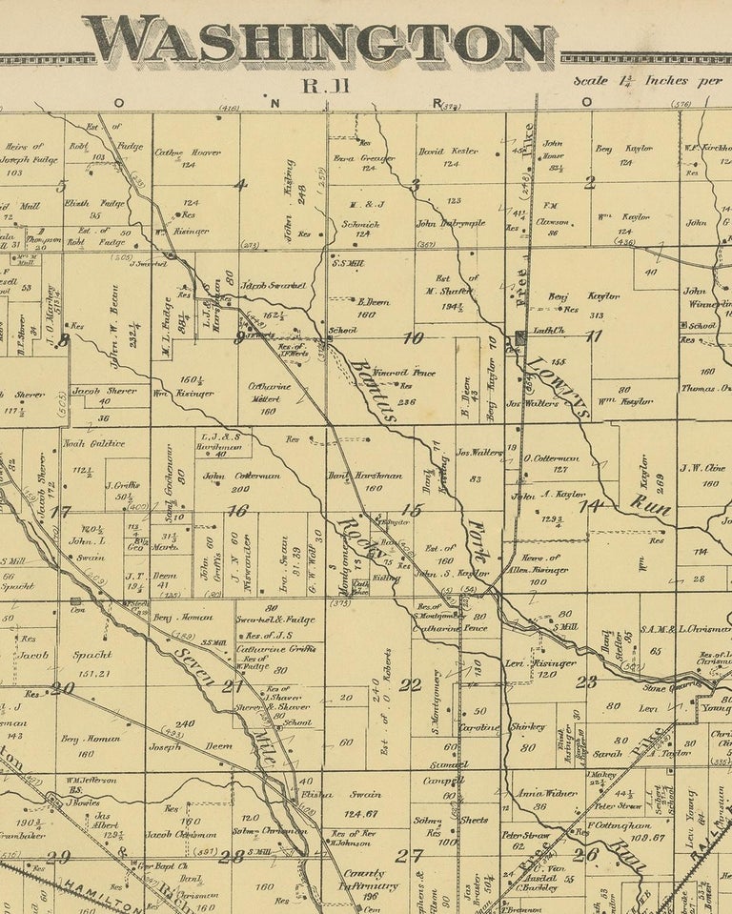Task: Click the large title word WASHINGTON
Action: pos(324,42)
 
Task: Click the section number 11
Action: pos(594,335)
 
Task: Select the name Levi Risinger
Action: pos(539,662)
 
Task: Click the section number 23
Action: pos(585,680)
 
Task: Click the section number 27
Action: pos(410,855)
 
